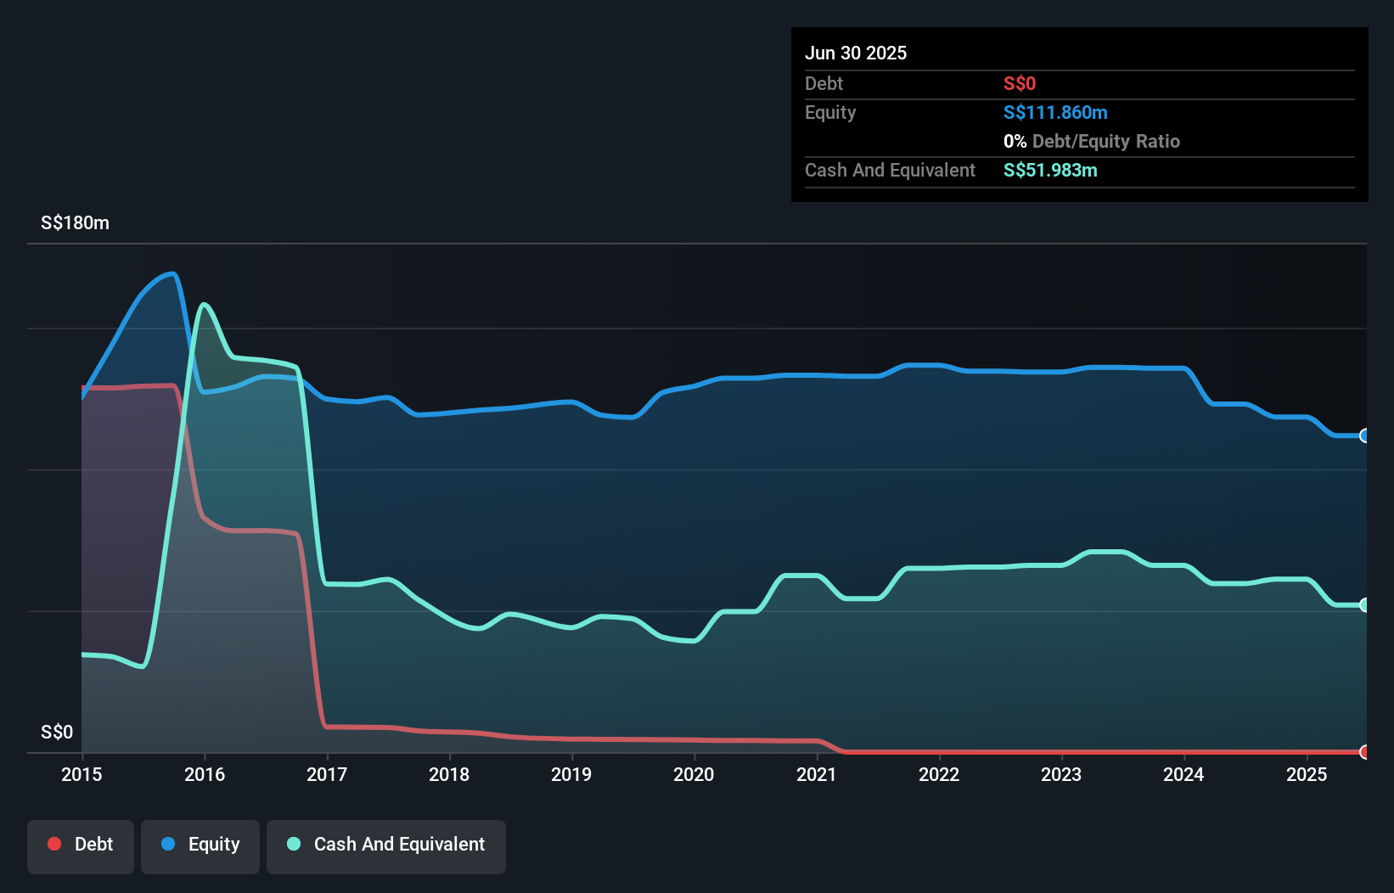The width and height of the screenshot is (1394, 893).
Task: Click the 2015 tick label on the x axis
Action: click(x=82, y=774)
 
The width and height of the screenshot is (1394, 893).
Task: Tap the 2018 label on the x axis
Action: click(x=449, y=774)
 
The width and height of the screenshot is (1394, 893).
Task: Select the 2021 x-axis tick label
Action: click(x=817, y=774)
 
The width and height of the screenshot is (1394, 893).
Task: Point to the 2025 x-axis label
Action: click(x=1307, y=774)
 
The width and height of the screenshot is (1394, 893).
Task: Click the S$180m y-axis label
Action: click(x=75, y=223)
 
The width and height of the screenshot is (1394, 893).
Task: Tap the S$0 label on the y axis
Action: click(x=57, y=732)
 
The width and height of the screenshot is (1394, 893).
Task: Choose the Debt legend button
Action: click(x=81, y=845)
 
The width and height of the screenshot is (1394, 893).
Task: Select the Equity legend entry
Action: click(x=200, y=845)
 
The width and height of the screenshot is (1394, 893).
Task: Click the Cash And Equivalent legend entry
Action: click(x=386, y=845)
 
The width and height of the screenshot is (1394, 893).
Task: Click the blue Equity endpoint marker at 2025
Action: click(x=1364, y=435)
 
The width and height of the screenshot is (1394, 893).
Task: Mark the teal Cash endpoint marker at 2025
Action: click(x=1364, y=605)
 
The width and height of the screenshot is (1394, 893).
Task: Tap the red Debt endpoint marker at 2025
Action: click(x=1364, y=751)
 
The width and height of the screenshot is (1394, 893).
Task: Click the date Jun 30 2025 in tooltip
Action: click(x=856, y=53)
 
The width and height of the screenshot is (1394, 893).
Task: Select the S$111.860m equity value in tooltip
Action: click(x=1055, y=112)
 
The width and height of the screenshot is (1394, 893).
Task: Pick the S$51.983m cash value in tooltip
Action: click(x=1050, y=170)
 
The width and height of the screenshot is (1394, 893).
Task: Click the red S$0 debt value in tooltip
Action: click(x=1020, y=83)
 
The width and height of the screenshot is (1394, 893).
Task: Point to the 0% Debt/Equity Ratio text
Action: click(x=1092, y=141)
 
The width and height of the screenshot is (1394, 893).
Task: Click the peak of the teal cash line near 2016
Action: click(x=204, y=304)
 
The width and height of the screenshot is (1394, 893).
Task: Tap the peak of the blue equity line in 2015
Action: click(x=173, y=273)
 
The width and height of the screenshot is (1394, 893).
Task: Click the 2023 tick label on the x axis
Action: click(x=1061, y=774)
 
